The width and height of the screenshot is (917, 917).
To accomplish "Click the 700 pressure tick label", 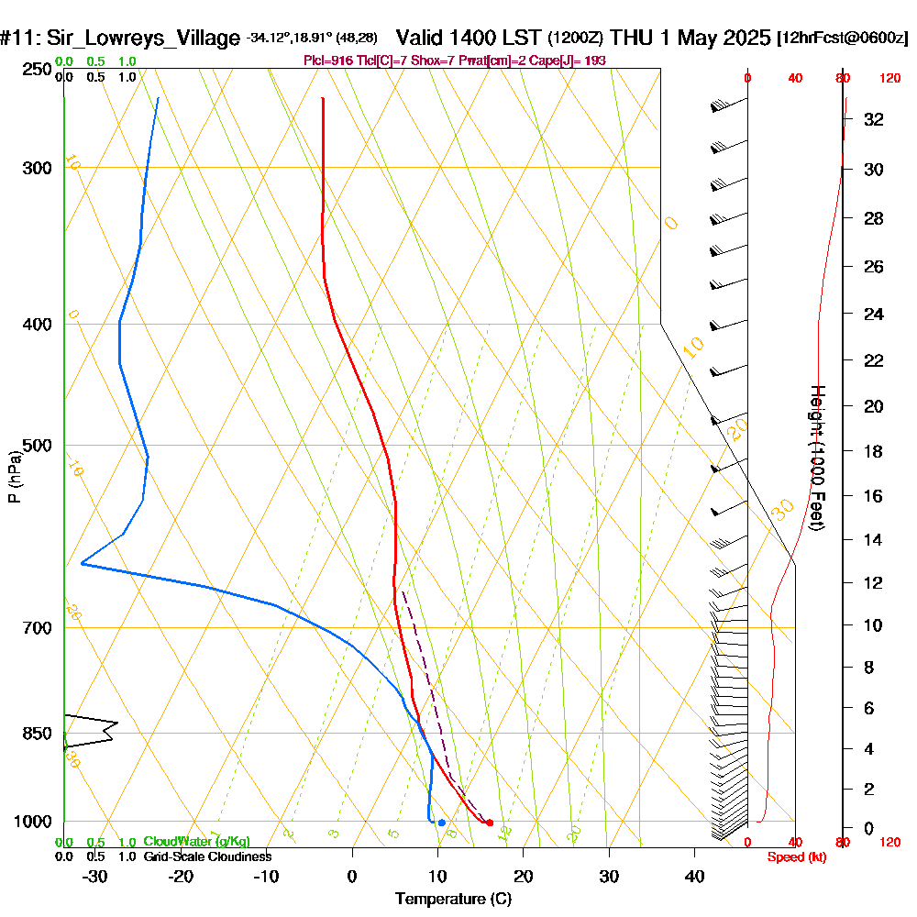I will [37, 628].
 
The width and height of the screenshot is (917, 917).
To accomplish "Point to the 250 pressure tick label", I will [37, 70].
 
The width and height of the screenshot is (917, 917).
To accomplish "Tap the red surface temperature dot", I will [489, 823].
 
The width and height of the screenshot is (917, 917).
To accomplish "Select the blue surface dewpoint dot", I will [441, 823].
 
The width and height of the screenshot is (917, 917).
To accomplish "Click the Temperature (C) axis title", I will [453, 899].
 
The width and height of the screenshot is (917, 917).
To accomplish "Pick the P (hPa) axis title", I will [14, 477].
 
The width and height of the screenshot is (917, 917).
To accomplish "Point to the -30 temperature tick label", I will [94, 876].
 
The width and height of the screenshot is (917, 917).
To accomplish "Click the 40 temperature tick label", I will [694, 876].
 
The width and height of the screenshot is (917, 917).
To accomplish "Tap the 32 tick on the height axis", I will [874, 119].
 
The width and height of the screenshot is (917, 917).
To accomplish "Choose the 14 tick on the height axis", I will [874, 540].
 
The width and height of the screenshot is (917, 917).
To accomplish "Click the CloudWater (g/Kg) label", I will [196, 842].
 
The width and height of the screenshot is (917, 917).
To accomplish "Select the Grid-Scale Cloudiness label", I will [206, 856].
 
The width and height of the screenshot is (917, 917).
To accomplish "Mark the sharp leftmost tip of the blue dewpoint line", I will [81, 563].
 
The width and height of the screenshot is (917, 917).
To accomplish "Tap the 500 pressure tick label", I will [37, 446].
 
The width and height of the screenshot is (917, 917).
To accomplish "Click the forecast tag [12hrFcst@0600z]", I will [842, 39].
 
